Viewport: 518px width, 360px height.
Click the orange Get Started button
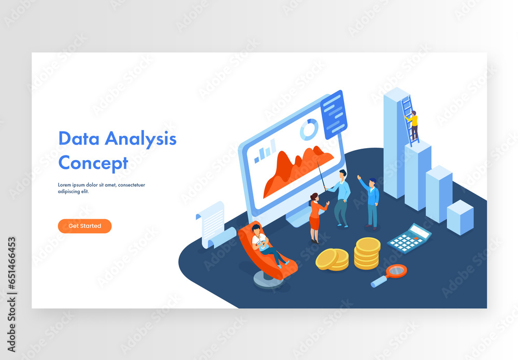pos(84,226)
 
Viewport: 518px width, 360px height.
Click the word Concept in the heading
pos(93,163)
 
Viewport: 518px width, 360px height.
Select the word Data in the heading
pos(78,139)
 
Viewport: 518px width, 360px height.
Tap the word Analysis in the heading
pos(140,139)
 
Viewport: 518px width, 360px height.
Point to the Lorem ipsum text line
pos(101,185)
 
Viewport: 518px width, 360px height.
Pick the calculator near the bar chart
pos(409,238)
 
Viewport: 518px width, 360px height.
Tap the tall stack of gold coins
pos(367,253)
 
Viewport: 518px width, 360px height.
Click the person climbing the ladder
pos(413,125)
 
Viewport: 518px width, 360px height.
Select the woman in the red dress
pos(315,218)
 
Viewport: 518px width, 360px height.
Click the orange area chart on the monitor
pos(295,168)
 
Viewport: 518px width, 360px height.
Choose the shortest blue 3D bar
pos(459,218)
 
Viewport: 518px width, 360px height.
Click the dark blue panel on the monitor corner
pos(334,115)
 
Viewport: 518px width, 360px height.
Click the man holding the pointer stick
pos(341,197)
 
